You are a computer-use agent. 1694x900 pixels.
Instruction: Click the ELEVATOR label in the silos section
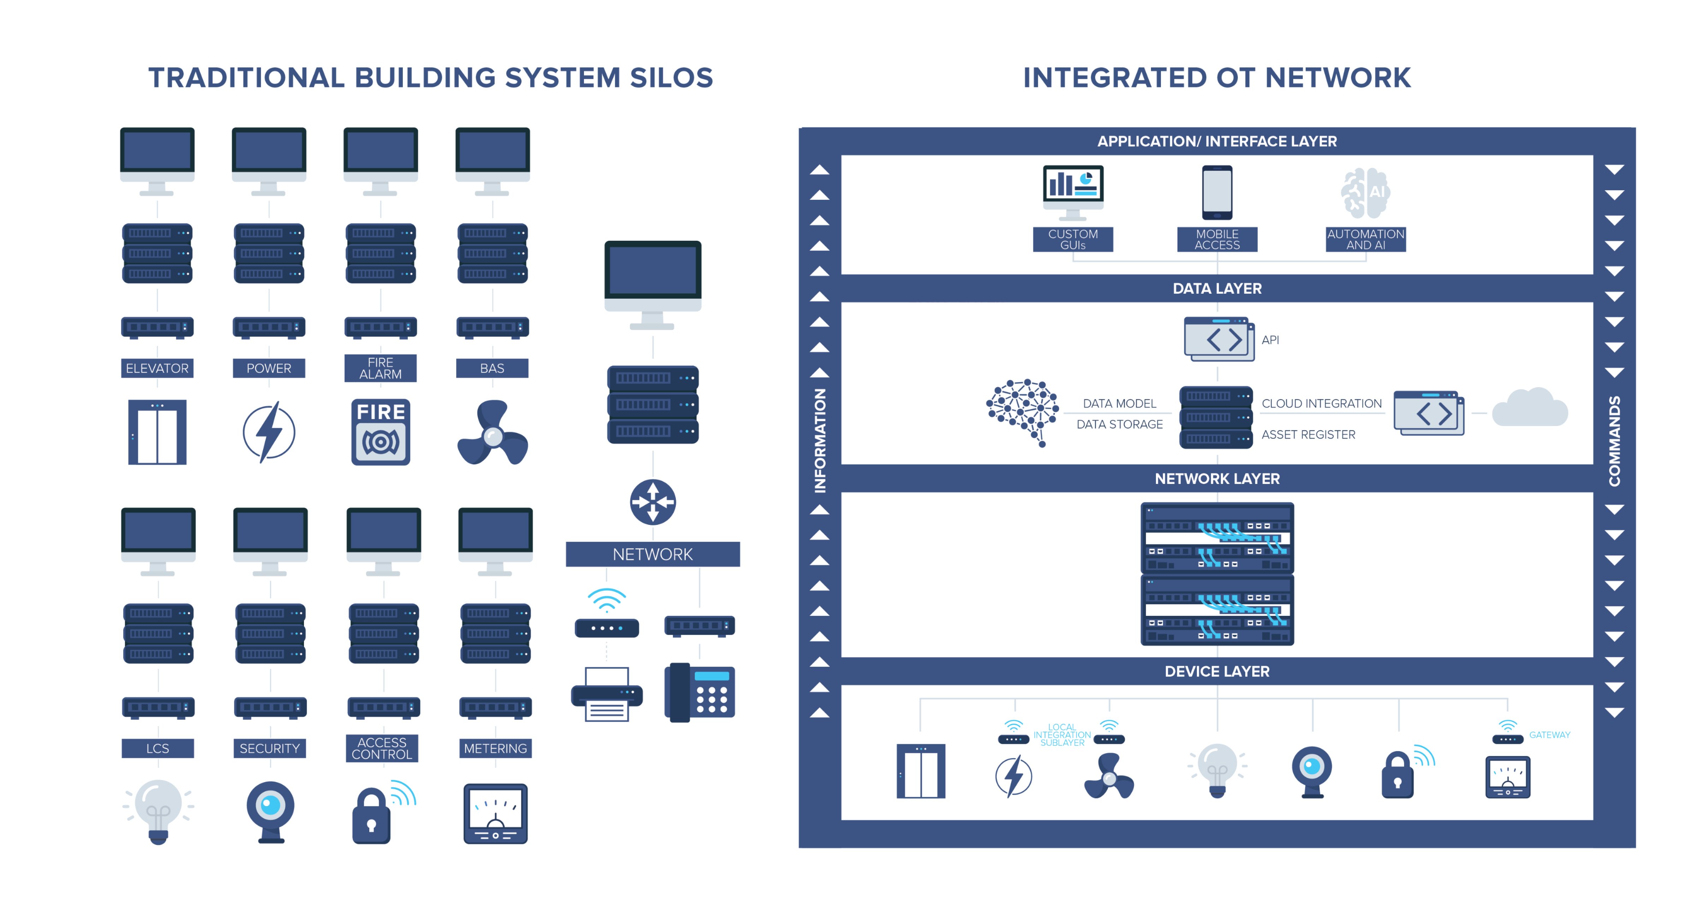coord(157,368)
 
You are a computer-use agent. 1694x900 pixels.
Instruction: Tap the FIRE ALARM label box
coord(380,368)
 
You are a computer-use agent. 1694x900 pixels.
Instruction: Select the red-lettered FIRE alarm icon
coord(380,432)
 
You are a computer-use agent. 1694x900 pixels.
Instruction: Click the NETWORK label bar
coord(652,554)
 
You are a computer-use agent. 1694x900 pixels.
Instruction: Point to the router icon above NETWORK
coord(652,502)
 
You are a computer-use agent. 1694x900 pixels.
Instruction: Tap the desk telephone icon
coord(700,693)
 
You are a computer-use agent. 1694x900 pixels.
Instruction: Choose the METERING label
coord(495,748)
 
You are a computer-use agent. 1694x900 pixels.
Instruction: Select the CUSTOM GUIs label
coord(1073,239)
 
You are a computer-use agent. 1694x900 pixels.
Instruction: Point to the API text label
coord(1270,340)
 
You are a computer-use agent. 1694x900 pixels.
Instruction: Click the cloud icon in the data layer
coord(1529,409)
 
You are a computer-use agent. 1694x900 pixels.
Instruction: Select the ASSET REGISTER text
coord(1308,434)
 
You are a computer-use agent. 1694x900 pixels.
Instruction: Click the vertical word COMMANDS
coord(1615,440)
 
